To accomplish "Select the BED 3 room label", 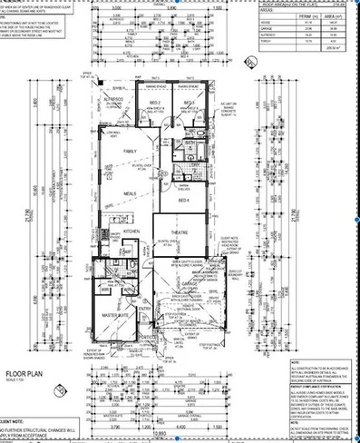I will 189,103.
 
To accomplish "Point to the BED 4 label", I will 182,199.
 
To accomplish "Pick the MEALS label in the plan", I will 131,193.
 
